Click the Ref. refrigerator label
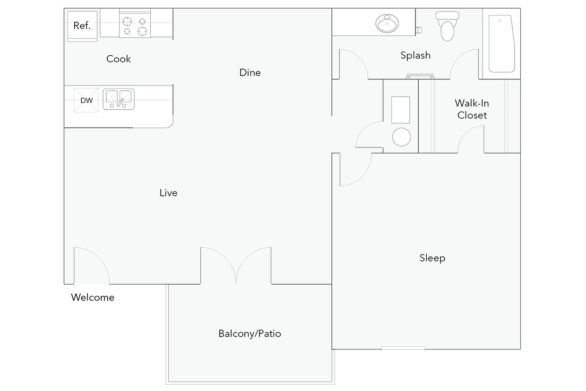pyautogui.click(x=82, y=26)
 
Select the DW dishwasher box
pyautogui.click(x=86, y=100)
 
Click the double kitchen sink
pyautogui.click(x=119, y=99)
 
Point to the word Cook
pyautogui.click(x=119, y=59)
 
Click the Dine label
pyautogui.click(x=250, y=72)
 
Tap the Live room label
pyautogui.click(x=168, y=193)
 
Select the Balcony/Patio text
pyautogui.click(x=250, y=334)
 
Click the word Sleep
pyautogui.click(x=432, y=258)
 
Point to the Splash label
pyautogui.click(x=415, y=55)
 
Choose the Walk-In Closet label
pyautogui.click(x=472, y=109)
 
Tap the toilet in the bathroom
pyautogui.click(x=447, y=26)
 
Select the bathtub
pyautogui.click(x=501, y=43)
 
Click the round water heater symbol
pyautogui.click(x=401, y=137)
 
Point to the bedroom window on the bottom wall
pyautogui.click(x=403, y=350)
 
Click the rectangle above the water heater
pyautogui.click(x=401, y=110)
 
